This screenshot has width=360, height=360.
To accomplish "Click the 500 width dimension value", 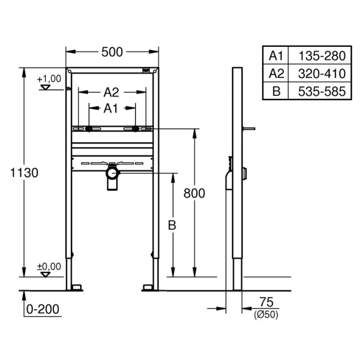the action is tap(112, 52).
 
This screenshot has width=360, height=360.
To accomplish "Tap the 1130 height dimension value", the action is tap(24, 173).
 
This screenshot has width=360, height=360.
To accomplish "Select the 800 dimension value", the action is tap(194, 193).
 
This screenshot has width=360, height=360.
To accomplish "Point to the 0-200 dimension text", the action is tap(43, 309).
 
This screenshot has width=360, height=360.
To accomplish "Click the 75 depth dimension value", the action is tap(266, 302).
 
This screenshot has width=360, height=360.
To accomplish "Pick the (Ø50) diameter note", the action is tap(266, 314).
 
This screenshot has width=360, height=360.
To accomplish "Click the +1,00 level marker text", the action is tap(49, 79).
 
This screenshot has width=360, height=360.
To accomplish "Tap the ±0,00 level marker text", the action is tap(49, 266).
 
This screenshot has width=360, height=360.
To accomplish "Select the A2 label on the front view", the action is tap(112, 92).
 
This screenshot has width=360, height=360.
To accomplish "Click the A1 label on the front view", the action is tap(110, 109).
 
